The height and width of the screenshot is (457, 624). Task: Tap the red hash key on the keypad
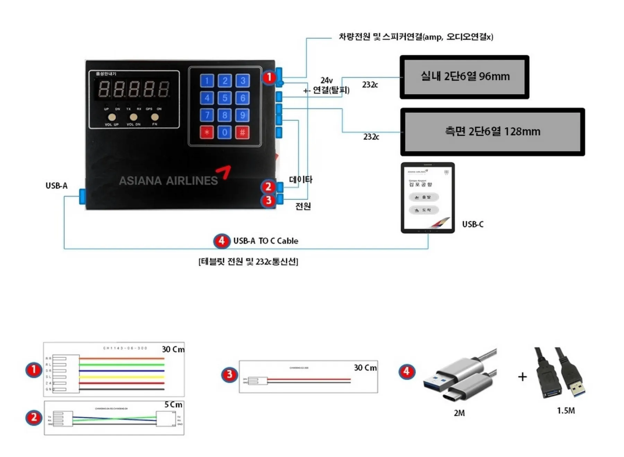tap(242, 132)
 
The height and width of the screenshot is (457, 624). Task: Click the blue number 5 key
tap(225, 98)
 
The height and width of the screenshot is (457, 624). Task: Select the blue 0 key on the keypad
tap(225, 132)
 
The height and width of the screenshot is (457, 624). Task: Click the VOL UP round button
tap(112, 117)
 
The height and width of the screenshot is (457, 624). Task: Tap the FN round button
tap(155, 117)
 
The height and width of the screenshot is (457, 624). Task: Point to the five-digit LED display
tap(133, 89)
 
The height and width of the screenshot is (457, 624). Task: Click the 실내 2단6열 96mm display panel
tap(464, 77)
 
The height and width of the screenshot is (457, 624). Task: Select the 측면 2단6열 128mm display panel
tap(492, 132)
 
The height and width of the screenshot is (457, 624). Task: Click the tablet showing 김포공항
tap(427, 198)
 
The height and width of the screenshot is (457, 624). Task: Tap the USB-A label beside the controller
tap(57, 186)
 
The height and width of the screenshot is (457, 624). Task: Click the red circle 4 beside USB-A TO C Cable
tap(222, 241)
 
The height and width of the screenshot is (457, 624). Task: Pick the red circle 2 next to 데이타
tap(268, 187)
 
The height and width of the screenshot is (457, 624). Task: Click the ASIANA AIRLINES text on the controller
tap(168, 181)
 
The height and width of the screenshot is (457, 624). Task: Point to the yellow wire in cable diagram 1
tap(121, 377)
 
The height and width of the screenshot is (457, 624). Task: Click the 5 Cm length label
tap(173, 405)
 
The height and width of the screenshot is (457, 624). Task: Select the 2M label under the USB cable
tap(459, 413)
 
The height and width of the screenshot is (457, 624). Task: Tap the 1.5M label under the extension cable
tap(566, 410)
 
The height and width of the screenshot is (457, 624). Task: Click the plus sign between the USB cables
tap(522, 377)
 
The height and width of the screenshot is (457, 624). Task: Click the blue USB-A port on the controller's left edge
tap(83, 196)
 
